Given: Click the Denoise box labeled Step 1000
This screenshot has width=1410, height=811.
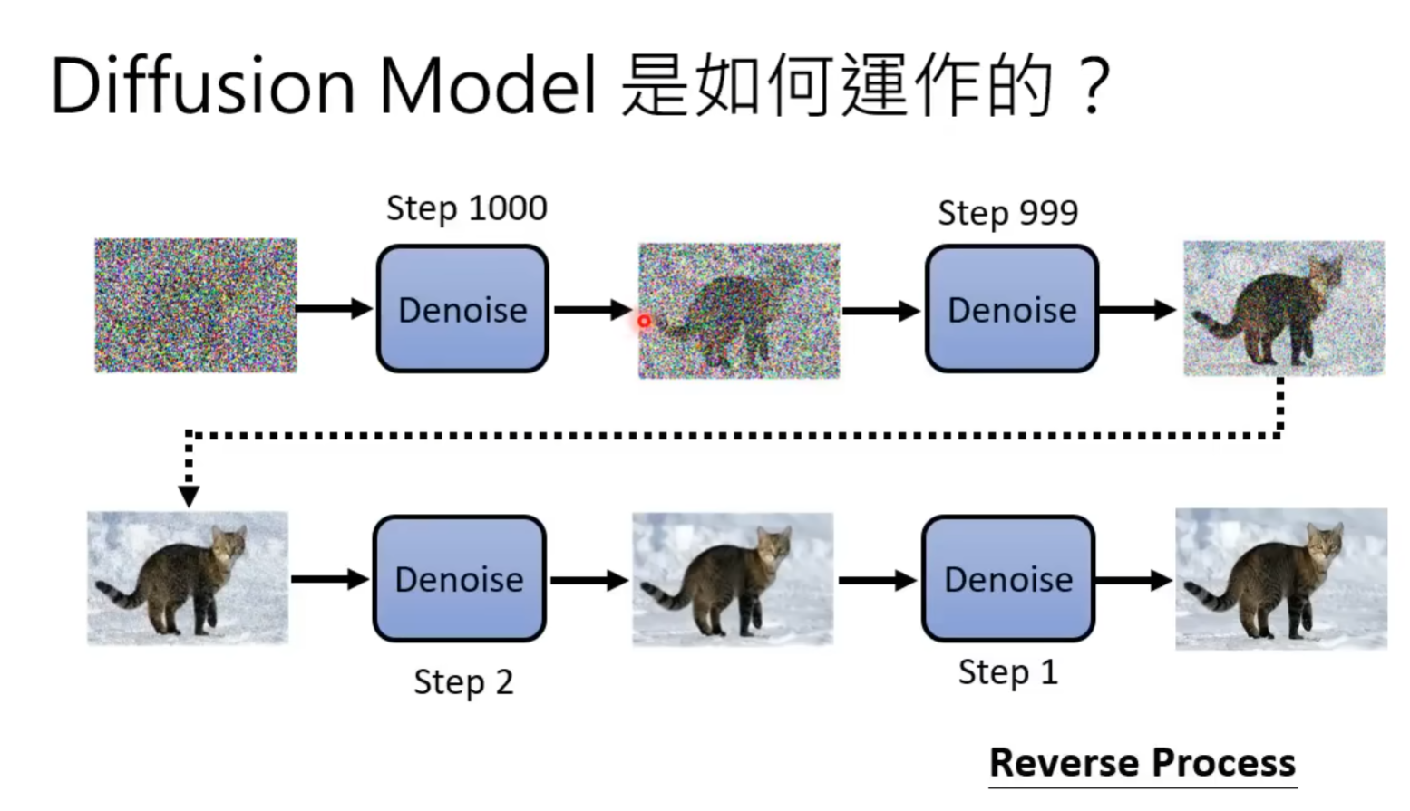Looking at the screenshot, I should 462,309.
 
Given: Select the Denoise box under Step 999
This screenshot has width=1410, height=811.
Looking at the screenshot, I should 1012,309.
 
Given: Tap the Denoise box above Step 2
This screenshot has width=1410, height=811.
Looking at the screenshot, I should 459,579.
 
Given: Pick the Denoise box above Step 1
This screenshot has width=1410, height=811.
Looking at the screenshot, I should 1008,579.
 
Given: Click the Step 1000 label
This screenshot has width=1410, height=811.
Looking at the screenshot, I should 466,208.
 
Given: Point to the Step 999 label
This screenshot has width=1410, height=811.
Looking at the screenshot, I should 1007,213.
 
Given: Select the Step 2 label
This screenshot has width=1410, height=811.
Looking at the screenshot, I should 463,681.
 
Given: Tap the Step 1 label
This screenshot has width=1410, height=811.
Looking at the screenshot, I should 1007,672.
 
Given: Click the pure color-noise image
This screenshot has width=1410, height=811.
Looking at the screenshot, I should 196,305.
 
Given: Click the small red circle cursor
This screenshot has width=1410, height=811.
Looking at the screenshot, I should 644,321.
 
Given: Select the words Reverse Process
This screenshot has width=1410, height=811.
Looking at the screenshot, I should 1142,762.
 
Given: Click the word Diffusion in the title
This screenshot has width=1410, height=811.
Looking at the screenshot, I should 202,86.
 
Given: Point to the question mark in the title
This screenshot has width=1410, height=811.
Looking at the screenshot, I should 1094,86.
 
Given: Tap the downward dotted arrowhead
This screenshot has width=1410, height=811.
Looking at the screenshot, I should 189,496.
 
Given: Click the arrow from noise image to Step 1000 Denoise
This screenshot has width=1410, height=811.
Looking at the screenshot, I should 334,309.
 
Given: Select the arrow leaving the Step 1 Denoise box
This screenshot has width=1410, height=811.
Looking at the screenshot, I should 1133,580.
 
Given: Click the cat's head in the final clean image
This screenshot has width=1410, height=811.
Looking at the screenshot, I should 1325,544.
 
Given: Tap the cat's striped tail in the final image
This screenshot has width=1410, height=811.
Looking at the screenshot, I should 1211,598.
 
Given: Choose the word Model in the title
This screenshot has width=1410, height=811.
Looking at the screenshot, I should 488,86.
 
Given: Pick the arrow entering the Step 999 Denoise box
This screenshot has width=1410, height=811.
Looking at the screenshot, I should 880,311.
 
